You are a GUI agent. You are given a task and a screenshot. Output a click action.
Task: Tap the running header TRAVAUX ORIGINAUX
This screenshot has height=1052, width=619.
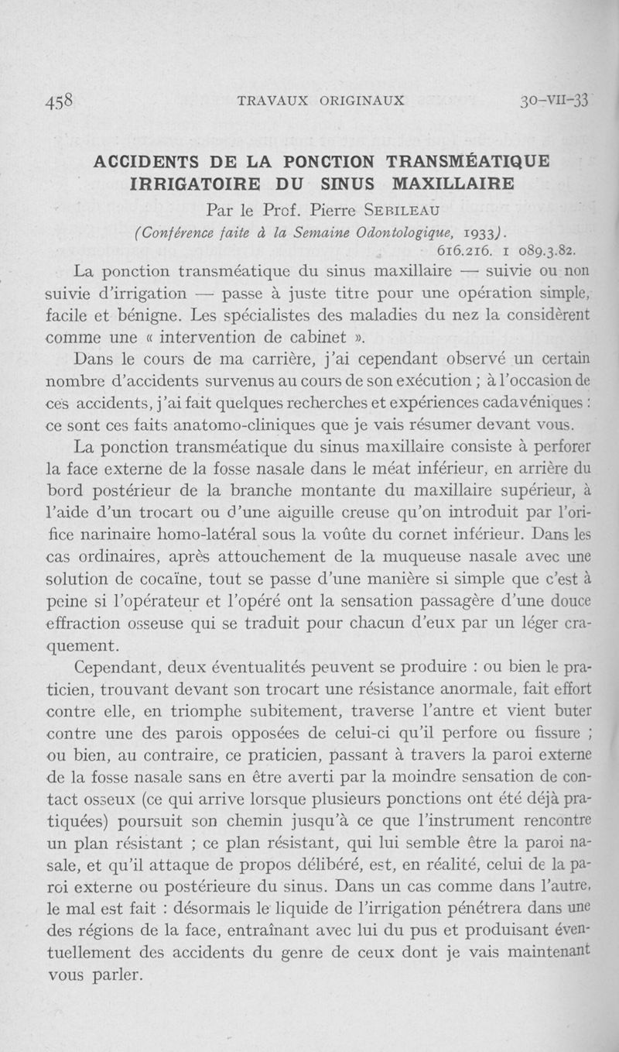pos(322,101)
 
